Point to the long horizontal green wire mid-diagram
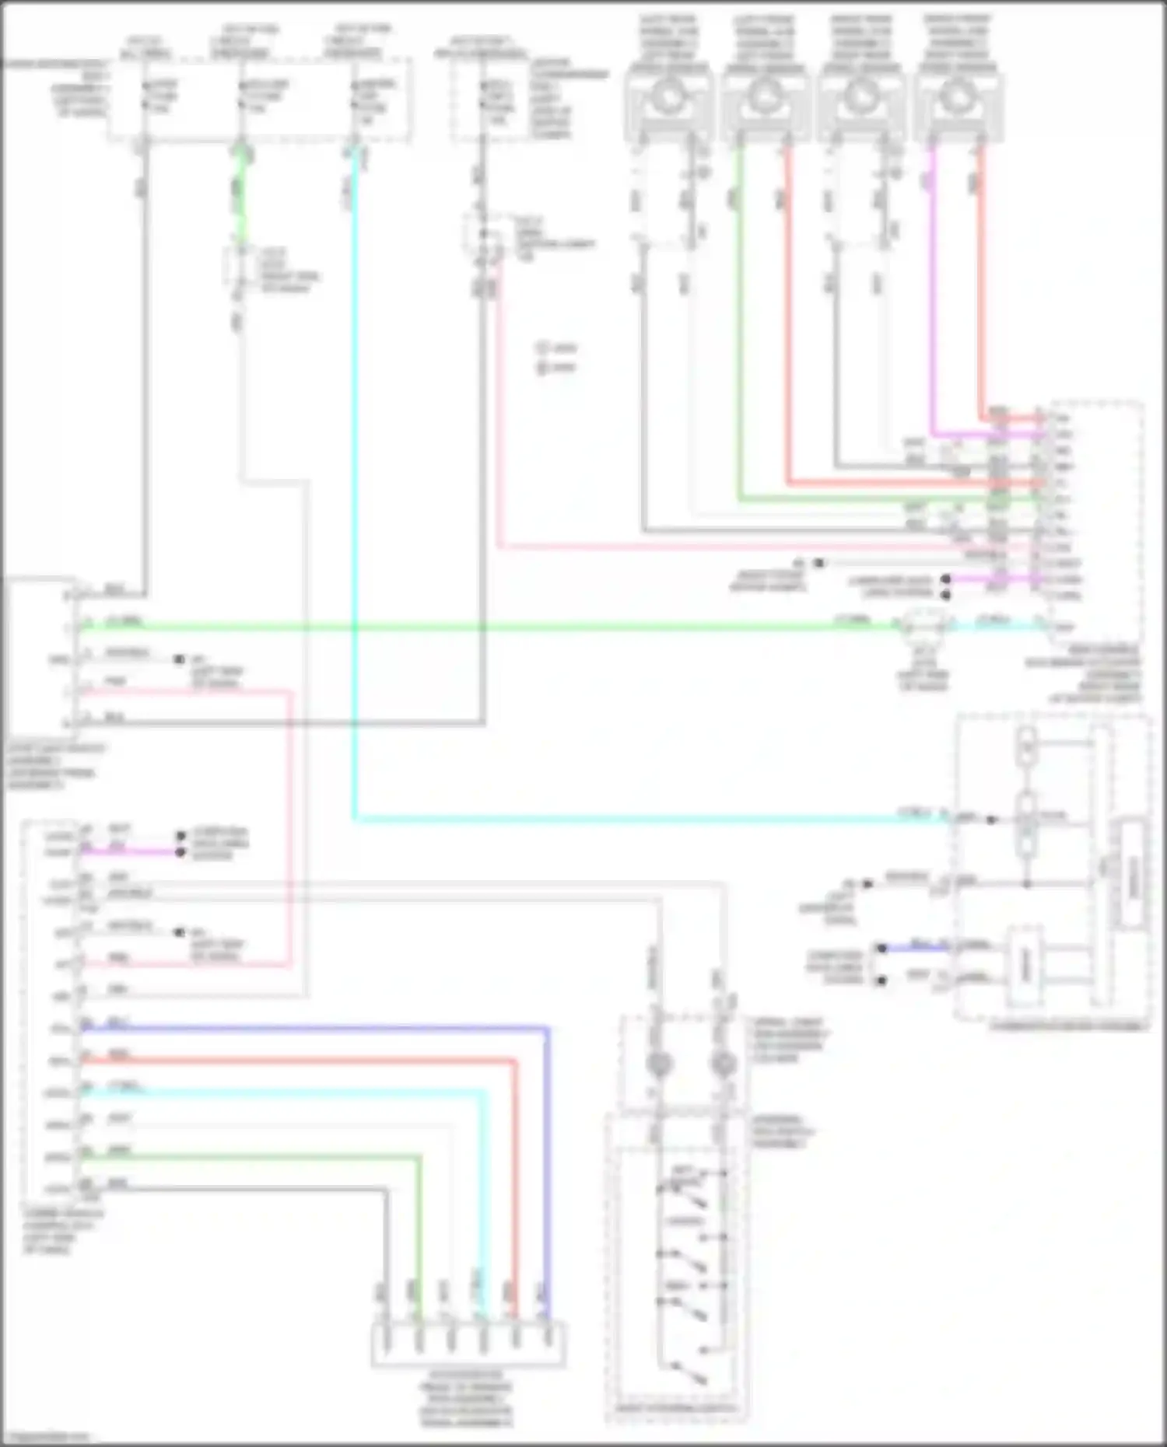tap(467, 626)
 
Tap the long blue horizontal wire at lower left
tap(311, 1028)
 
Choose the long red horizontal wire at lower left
tap(296, 1060)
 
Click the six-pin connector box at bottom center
tap(468, 1343)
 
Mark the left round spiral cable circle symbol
tap(660, 1064)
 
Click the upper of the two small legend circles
tap(542, 348)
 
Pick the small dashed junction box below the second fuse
tap(240, 268)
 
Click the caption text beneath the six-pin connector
tap(467, 1400)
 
